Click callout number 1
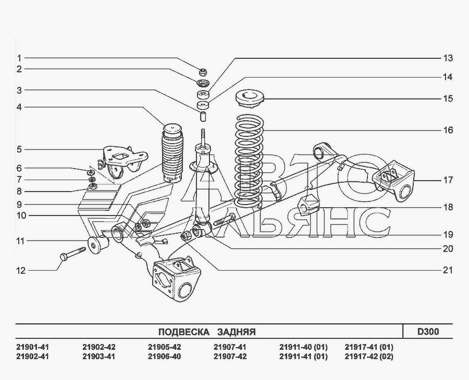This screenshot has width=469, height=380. pyautogui.click(x=19, y=58)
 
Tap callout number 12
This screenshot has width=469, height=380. pyautogui.click(x=21, y=271)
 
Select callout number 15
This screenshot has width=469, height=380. pyautogui.click(x=448, y=98)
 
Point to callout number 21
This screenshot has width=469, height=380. pyautogui.click(x=448, y=270)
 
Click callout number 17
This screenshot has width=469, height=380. pyautogui.click(x=448, y=180)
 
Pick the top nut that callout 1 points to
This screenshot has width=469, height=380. pyautogui.click(x=203, y=72)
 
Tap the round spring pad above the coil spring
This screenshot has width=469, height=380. pyautogui.click(x=250, y=99)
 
